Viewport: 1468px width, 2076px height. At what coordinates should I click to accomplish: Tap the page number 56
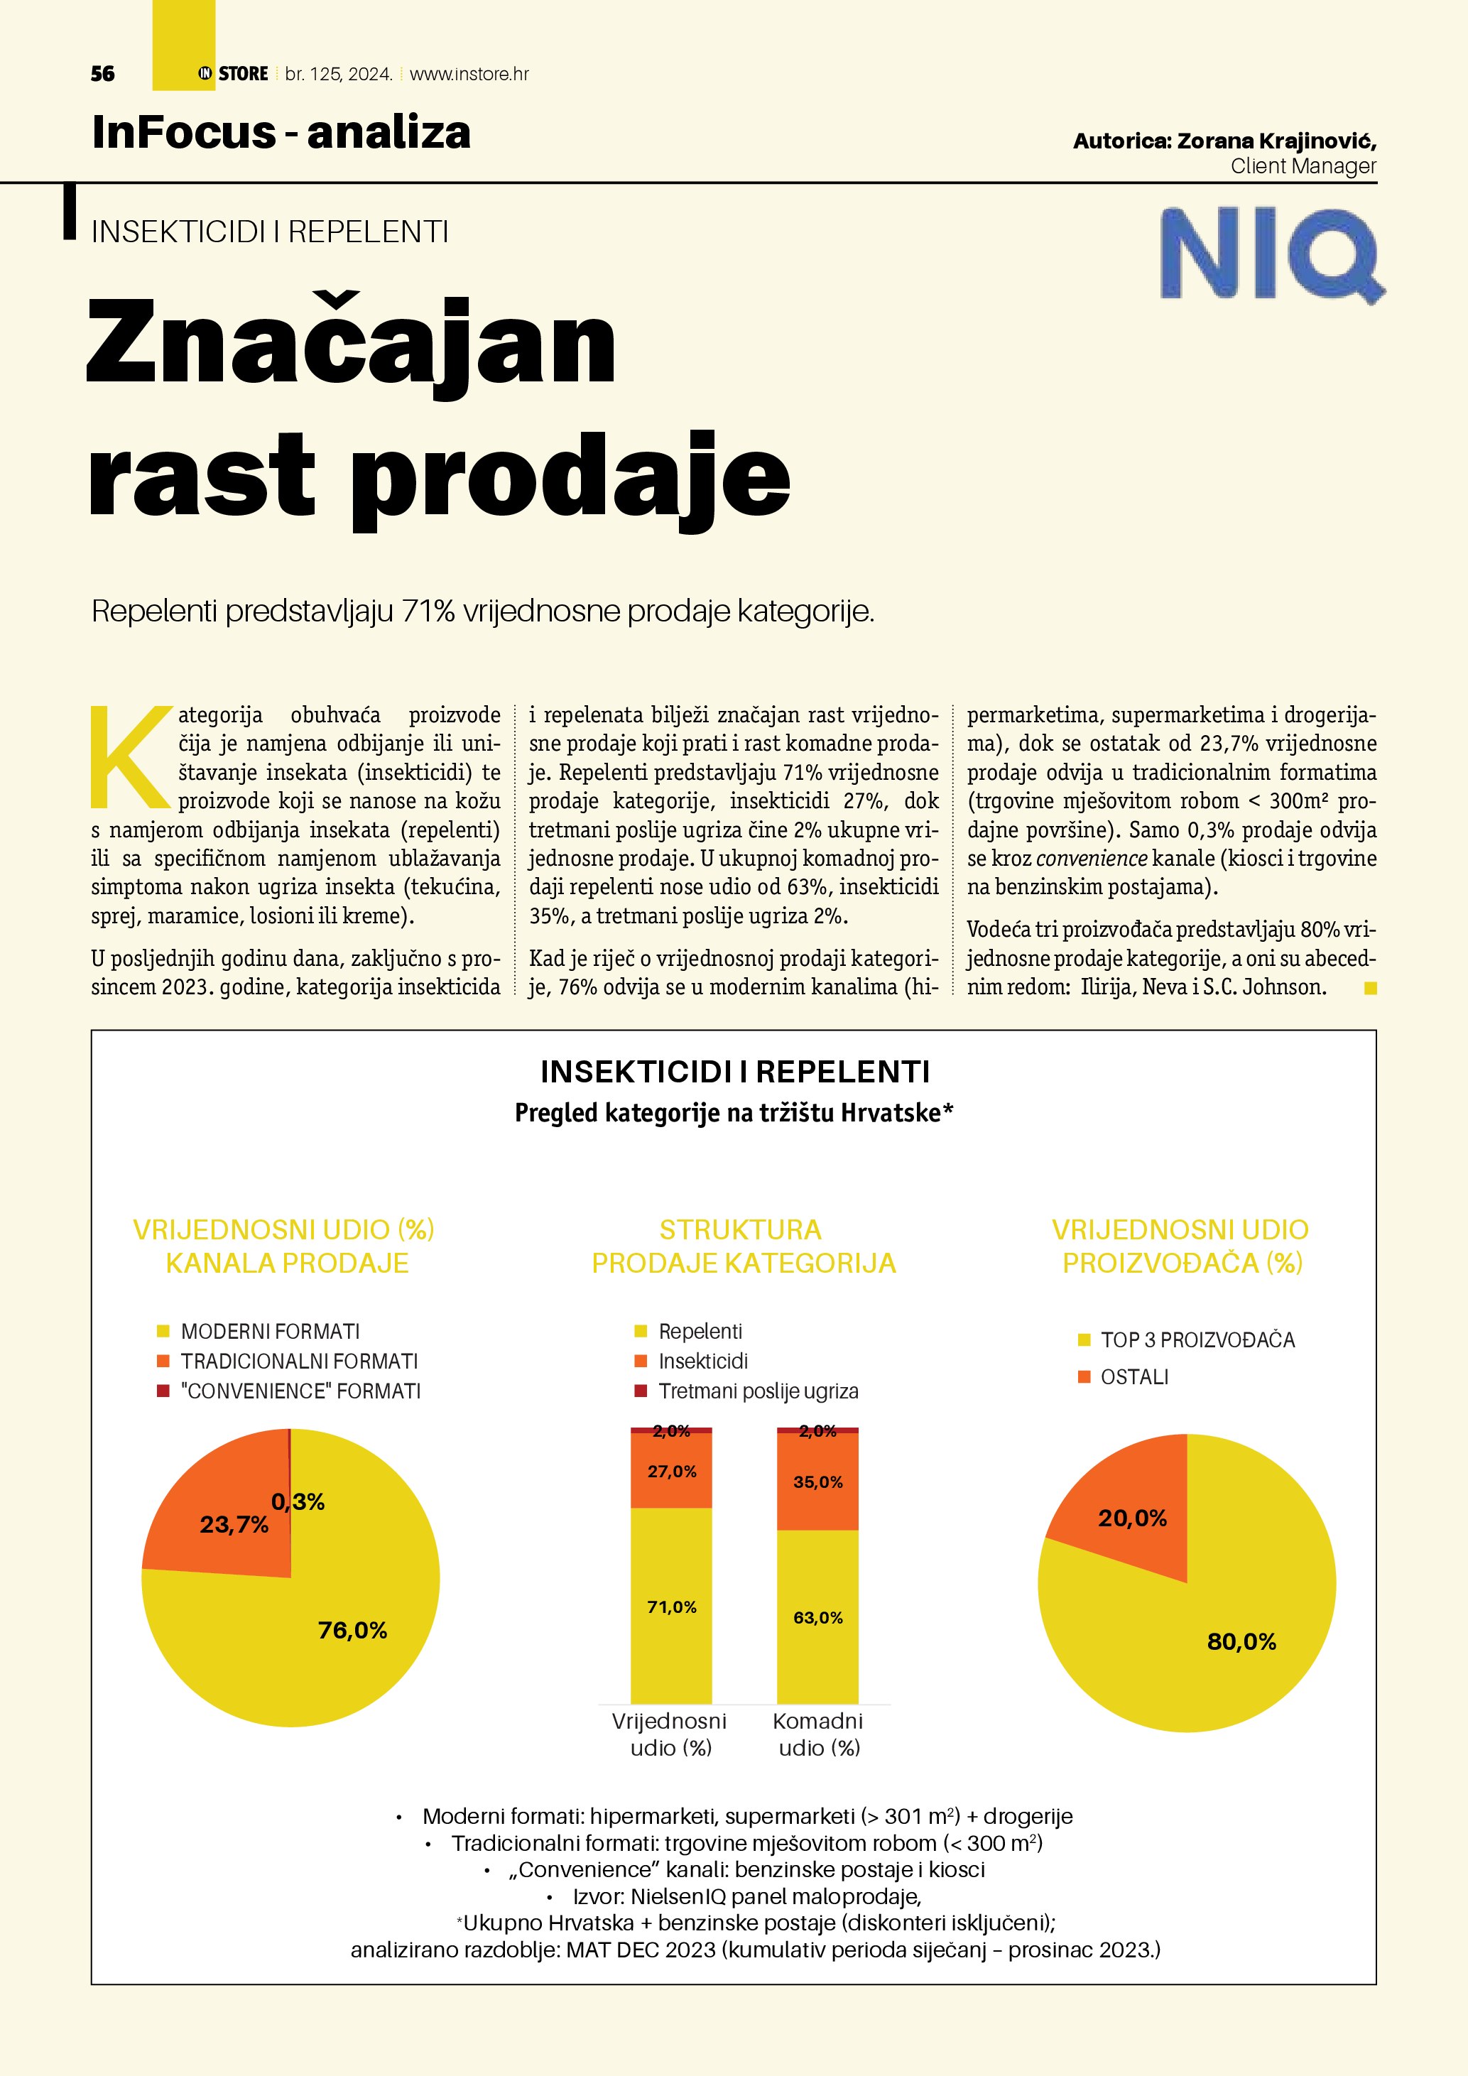coord(103,74)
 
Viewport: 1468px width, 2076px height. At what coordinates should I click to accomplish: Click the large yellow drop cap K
coord(130,758)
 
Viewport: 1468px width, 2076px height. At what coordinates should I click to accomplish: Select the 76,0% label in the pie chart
coord(352,1630)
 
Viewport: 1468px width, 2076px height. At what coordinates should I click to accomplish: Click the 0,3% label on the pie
coord(298,1502)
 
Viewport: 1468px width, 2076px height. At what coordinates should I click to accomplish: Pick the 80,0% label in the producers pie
coord(1241,1642)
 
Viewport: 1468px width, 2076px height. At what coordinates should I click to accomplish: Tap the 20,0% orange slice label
coord(1133,1518)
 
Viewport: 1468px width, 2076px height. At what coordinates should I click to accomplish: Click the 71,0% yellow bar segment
coord(672,1607)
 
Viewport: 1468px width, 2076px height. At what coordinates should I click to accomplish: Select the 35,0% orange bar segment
coord(818,1482)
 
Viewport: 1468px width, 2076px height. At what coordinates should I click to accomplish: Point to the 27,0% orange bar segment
coord(672,1471)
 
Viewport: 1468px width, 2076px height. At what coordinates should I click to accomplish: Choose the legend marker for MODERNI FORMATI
coord(163,1331)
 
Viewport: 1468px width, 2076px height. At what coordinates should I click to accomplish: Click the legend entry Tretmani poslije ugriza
coord(758,1391)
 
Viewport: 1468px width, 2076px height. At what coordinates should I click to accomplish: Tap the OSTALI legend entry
coord(1133,1377)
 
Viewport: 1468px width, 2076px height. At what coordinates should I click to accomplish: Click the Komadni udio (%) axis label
coord(818,1734)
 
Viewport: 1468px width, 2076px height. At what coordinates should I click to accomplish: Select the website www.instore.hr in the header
coord(469,74)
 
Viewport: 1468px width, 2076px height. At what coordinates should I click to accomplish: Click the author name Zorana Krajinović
coord(1276,141)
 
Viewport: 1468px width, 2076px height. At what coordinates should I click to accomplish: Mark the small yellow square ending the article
coord(1371,988)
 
